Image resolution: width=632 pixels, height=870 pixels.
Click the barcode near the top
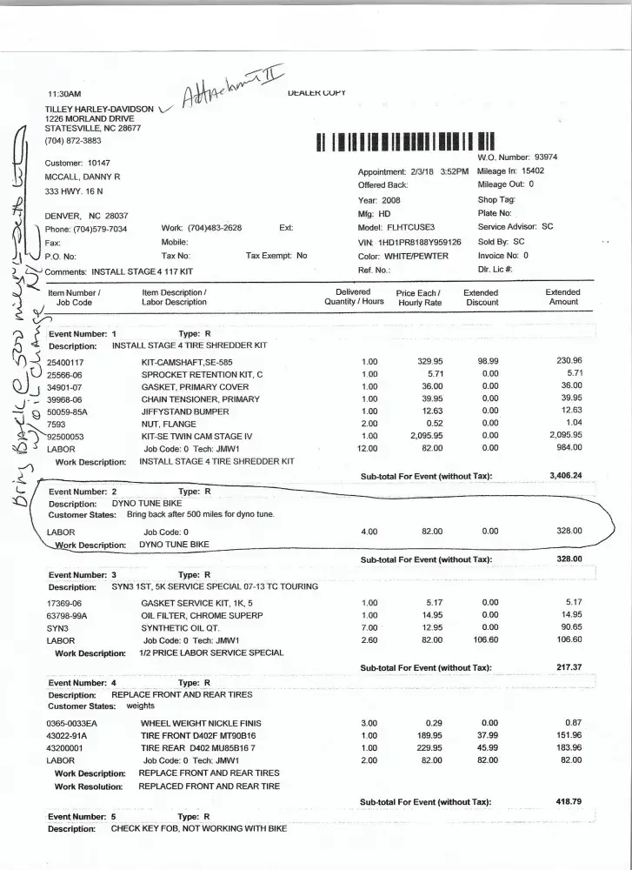[x=405, y=143]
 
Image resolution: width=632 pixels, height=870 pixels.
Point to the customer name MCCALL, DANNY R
[x=82, y=177]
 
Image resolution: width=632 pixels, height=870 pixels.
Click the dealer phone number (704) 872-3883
[x=73, y=140]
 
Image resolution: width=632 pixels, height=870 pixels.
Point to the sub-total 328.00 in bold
[x=569, y=559]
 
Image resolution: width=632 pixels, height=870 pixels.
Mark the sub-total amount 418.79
[x=565, y=800]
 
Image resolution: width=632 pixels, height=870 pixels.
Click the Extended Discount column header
[x=481, y=298]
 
